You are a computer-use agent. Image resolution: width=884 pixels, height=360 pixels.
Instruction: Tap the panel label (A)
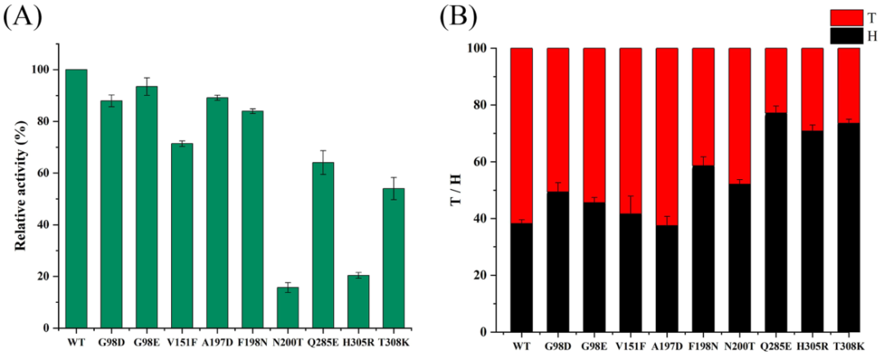[22, 18]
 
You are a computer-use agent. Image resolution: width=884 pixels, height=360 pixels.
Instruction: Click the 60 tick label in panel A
[44, 173]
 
